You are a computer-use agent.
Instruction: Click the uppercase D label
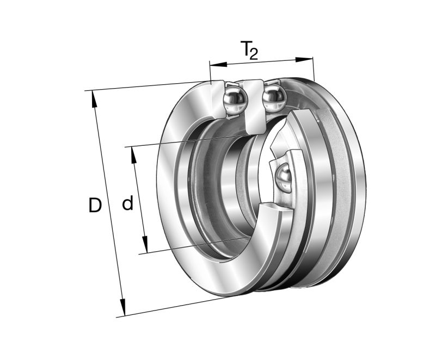[x=95, y=206]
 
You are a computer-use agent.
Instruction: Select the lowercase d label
[x=127, y=204]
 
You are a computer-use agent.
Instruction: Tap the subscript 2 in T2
[x=253, y=53]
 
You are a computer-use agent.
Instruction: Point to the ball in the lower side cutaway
[x=284, y=176]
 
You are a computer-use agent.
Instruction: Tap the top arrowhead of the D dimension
[x=94, y=97]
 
